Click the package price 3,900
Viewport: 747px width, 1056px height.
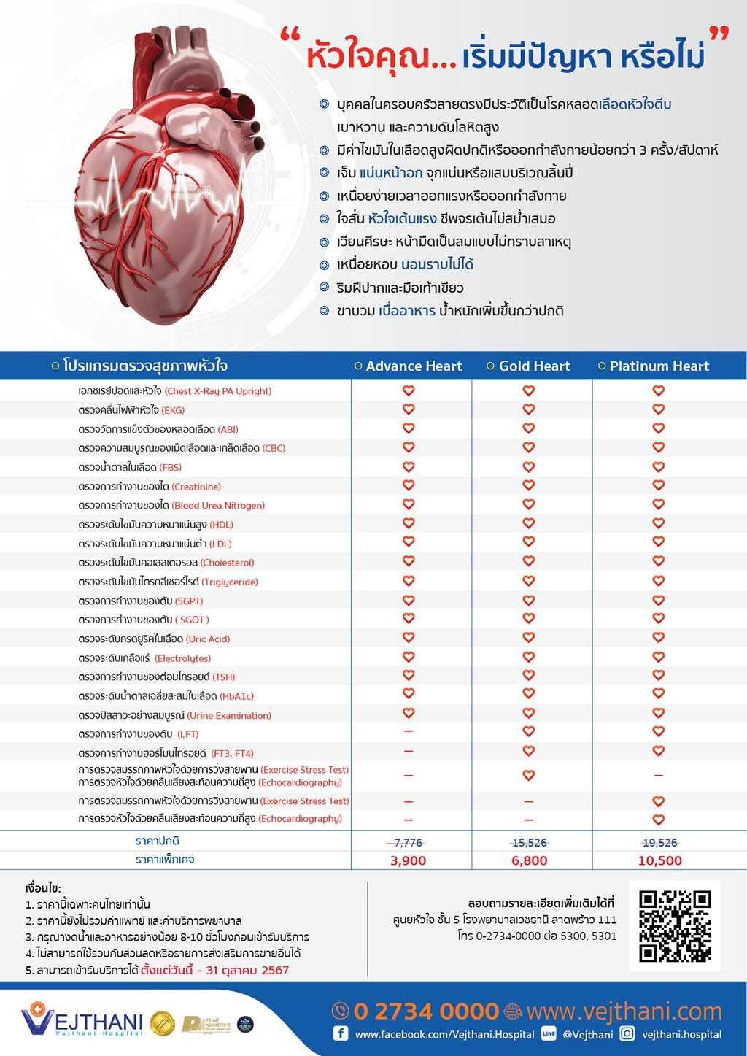(x=408, y=860)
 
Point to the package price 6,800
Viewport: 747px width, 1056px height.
(x=529, y=860)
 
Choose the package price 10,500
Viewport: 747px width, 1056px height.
(x=659, y=860)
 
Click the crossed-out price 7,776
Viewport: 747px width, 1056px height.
(x=408, y=842)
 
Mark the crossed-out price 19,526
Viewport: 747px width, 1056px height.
(x=659, y=842)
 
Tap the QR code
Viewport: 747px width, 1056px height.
(x=675, y=925)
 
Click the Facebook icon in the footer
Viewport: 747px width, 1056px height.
(x=340, y=1033)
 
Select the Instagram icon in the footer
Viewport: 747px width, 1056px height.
(x=627, y=1033)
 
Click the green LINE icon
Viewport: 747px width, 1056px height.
(x=549, y=1033)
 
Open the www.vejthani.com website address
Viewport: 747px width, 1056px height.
(x=624, y=1011)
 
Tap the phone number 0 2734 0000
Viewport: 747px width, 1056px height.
(x=426, y=1011)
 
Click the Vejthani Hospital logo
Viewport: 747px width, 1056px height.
(x=80, y=1021)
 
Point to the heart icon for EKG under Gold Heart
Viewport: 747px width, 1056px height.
(x=529, y=409)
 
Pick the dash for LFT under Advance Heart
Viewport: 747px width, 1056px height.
(x=409, y=731)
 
